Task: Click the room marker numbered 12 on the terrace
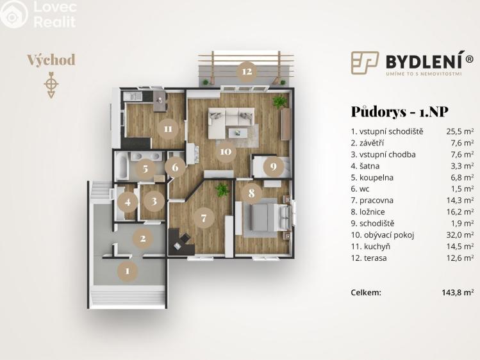(x=247, y=70)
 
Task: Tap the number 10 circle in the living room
(x=225, y=152)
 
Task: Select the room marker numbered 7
(x=204, y=218)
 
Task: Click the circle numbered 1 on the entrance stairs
(x=128, y=271)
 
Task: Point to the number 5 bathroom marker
(x=145, y=169)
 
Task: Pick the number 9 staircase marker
(x=273, y=167)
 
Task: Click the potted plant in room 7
(x=222, y=189)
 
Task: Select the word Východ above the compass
(x=51, y=60)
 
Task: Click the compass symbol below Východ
(x=51, y=85)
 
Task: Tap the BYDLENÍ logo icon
(x=365, y=62)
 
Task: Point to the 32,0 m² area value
(x=460, y=234)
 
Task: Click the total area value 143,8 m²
(x=458, y=292)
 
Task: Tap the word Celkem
(x=366, y=292)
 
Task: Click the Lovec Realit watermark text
(x=54, y=15)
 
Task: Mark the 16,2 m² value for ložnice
(x=460, y=211)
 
